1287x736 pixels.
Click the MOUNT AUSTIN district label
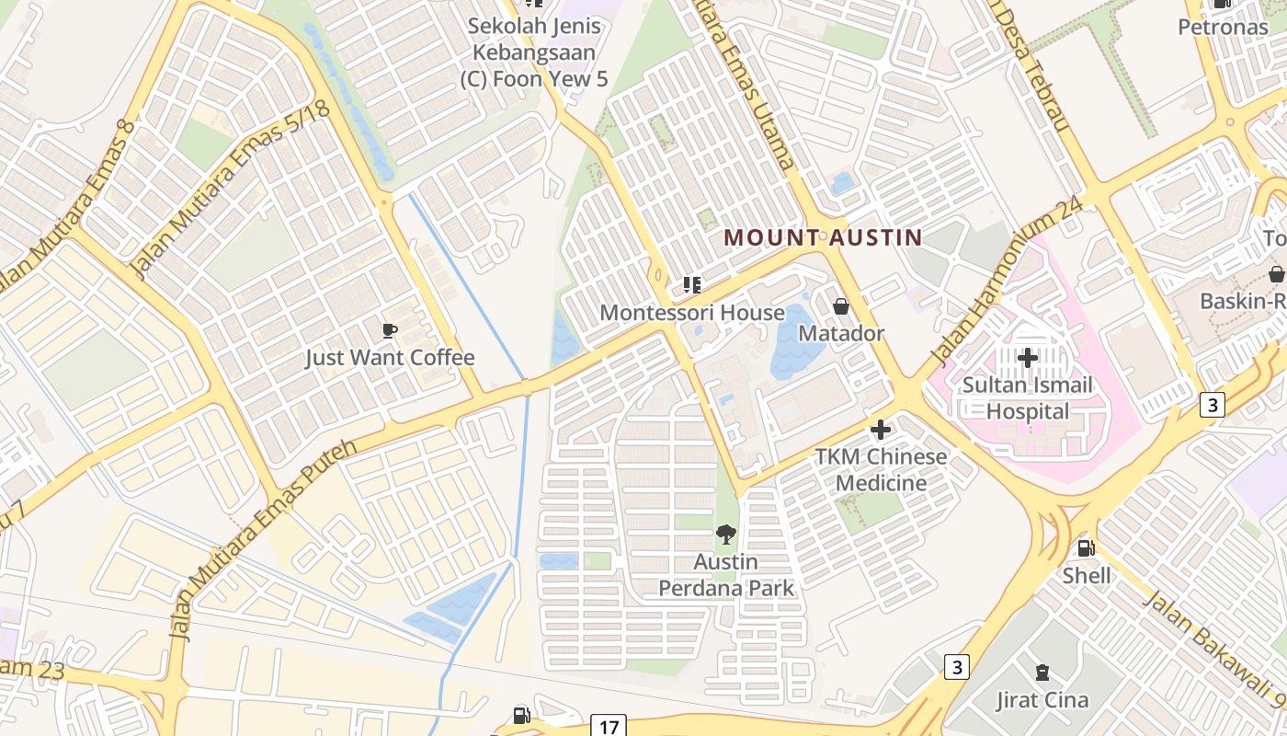pos(823,237)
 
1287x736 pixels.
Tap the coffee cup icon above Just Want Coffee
pos(390,330)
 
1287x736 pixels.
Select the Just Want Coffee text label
pos(390,358)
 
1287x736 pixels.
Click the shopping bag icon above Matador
pos(840,306)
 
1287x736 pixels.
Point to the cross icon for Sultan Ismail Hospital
pos(1028,357)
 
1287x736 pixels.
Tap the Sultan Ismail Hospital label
pos(1028,397)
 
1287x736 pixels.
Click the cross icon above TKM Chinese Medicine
pos(881,430)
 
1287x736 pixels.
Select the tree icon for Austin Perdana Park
pos(726,535)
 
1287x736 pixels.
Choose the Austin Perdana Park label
pos(726,574)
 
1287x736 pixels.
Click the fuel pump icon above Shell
pos(1086,548)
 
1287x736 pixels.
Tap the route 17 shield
pos(609,727)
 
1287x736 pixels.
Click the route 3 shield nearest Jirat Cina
pos(957,666)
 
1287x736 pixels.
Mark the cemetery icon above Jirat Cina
pos(1042,673)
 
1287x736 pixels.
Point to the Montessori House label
pos(692,313)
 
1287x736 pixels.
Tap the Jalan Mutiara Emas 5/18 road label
pos(231,189)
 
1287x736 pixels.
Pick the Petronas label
pos(1223,27)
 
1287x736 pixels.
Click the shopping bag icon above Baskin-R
pos(1276,274)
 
